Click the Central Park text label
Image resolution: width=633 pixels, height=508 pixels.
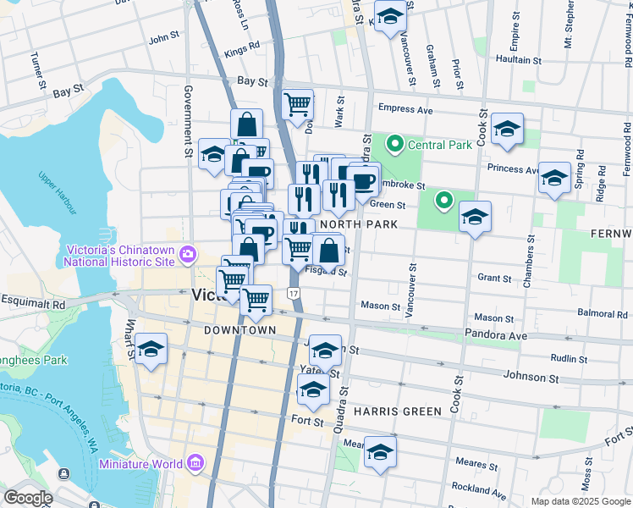pyautogui.click(x=439, y=145)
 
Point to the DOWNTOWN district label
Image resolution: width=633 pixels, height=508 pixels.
pyautogui.click(x=240, y=329)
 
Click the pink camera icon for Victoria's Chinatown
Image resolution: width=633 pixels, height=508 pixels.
pyautogui.click(x=187, y=253)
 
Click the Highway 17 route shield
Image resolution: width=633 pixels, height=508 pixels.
pyautogui.click(x=293, y=293)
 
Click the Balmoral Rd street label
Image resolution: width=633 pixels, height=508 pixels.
pyautogui.click(x=602, y=313)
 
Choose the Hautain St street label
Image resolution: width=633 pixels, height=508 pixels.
pyautogui.click(x=518, y=60)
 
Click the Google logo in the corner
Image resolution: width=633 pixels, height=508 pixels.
pyautogui.click(x=28, y=498)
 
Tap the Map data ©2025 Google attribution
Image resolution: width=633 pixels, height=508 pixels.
pyautogui.click(x=580, y=501)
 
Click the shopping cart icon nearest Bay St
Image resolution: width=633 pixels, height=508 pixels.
pyautogui.click(x=298, y=106)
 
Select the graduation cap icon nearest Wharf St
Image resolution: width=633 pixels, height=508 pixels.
pyautogui.click(x=151, y=349)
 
